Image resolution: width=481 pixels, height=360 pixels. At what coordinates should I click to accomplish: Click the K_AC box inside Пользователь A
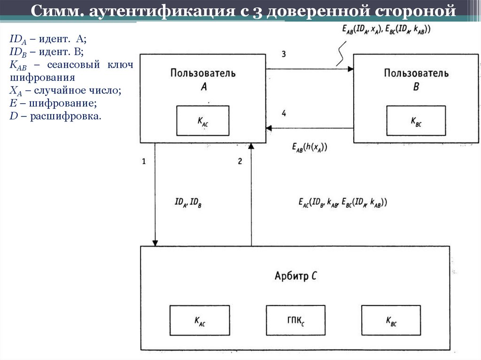(202, 121)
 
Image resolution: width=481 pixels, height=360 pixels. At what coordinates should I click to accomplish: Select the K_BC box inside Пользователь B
(416, 121)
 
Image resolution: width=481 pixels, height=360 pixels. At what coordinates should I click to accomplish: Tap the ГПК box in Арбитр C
(295, 321)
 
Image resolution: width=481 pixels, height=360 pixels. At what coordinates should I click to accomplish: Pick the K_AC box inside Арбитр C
(200, 321)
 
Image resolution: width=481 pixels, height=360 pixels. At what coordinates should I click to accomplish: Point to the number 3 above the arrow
(284, 54)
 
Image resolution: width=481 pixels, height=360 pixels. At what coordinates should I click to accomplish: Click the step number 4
(284, 113)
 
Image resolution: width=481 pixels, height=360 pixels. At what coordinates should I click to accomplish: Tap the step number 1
(144, 161)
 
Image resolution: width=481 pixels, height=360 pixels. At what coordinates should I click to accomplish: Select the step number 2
(240, 161)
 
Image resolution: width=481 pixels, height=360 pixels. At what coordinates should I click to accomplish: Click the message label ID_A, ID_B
(188, 203)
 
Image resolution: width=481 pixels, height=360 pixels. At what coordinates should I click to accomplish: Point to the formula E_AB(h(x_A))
(309, 147)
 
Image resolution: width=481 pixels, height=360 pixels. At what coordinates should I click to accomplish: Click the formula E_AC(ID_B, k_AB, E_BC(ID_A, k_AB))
(342, 203)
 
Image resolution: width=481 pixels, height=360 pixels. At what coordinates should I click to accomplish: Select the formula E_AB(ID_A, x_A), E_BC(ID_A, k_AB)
(387, 30)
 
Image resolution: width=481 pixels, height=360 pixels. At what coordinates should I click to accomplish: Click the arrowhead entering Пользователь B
(350, 69)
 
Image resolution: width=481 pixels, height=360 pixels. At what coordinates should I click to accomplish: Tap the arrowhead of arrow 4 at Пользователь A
(269, 128)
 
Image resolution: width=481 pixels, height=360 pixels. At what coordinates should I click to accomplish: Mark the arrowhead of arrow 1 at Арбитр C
(155, 242)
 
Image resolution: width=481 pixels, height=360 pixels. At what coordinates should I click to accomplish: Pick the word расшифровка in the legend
(65, 115)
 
